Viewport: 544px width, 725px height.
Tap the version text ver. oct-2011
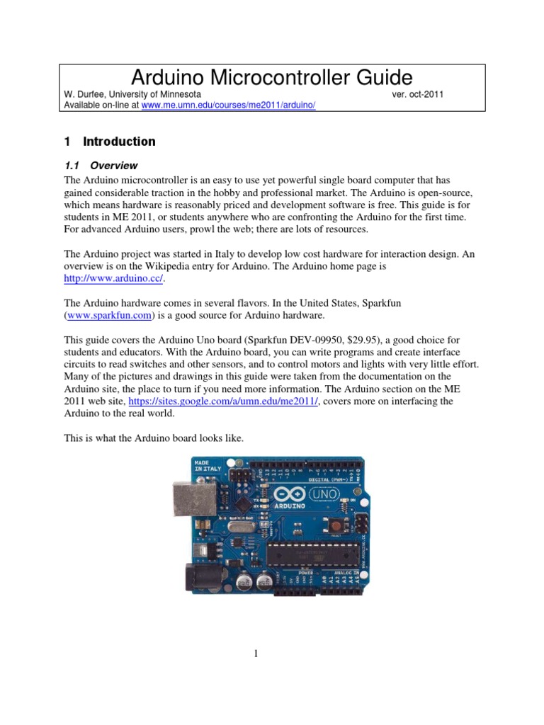click(x=417, y=94)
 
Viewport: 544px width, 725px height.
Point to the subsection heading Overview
click(x=114, y=166)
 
